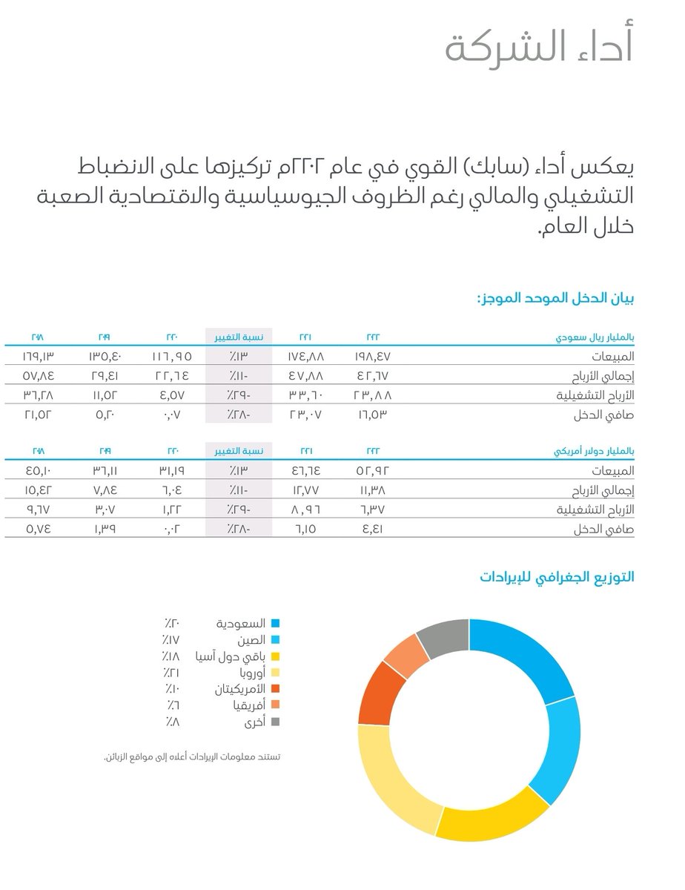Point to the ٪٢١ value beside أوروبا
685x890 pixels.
point(171,672)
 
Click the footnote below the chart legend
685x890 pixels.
point(196,756)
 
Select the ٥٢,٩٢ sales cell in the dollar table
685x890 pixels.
point(373,470)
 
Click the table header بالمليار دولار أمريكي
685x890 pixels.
point(595,450)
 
